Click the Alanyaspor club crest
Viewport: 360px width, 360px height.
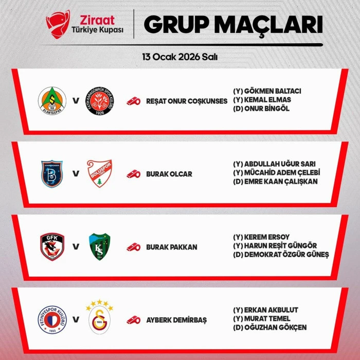click(x=52, y=101)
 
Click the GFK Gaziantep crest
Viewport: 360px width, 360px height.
click(x=52, y=247)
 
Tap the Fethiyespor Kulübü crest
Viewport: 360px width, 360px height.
click(x=52, y=320)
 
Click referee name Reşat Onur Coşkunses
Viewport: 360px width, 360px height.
click(x=187, y=101)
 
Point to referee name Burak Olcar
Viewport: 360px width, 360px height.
click(x=169, y=174)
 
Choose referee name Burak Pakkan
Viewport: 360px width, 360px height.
click(x=172, y=247)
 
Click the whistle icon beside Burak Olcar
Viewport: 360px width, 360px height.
click(x=134, y=174)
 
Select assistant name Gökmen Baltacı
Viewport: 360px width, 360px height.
click(x=267, y=91)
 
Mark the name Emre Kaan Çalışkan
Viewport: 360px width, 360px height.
click(x=275, y=182)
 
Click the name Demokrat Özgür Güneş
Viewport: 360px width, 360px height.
click(x=280, y=255)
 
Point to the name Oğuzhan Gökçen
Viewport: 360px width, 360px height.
click(x=269, y=328)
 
